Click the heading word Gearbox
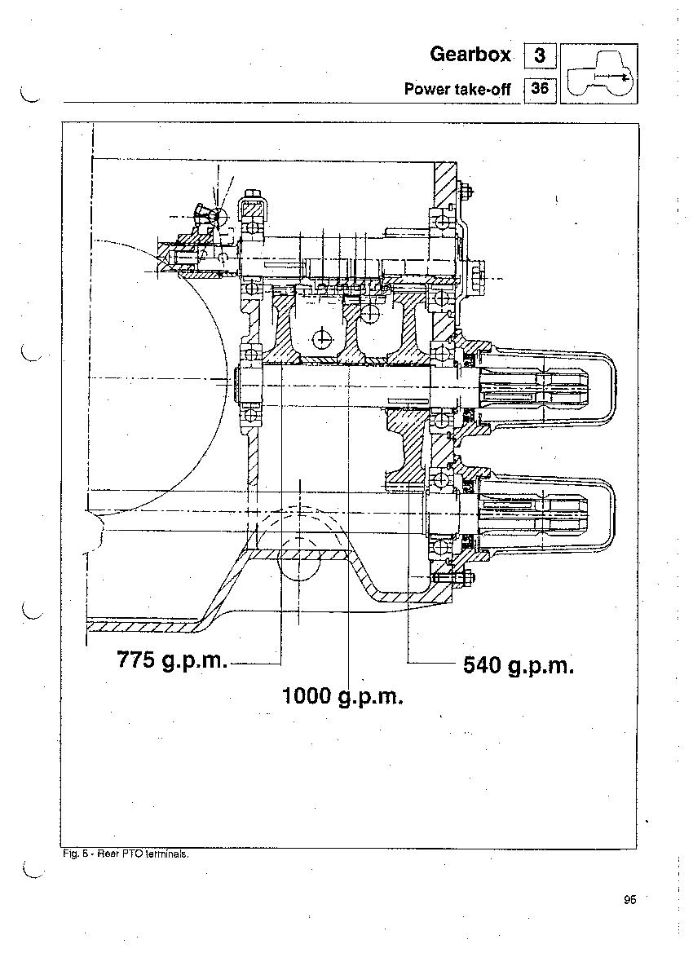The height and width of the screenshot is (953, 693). pyautogui.click(x=470, y=54)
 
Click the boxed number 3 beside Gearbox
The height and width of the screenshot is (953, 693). pyautogui.click(x=539, y=56)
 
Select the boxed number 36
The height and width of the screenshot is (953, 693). pyautogui.click(x=539, y=89)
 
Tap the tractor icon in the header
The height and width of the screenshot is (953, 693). pyautogui.click(x=598, y=73)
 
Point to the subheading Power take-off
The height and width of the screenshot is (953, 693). pyautogui.click(x=457, y=90)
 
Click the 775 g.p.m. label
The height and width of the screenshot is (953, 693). pyautogui.click(x=172, y=660)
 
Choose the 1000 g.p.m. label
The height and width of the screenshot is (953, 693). pyautogui.click(x=343, y=695)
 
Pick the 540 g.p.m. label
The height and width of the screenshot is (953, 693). pyautogui.click(x=519, y=665)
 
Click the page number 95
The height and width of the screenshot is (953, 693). pyautogui.click(x=629, y=899)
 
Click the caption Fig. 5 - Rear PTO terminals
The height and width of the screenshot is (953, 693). pyautogui.click(x=126, y=854)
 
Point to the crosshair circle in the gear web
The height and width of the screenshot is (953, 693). pyautogui.click(x=321, y=338)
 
